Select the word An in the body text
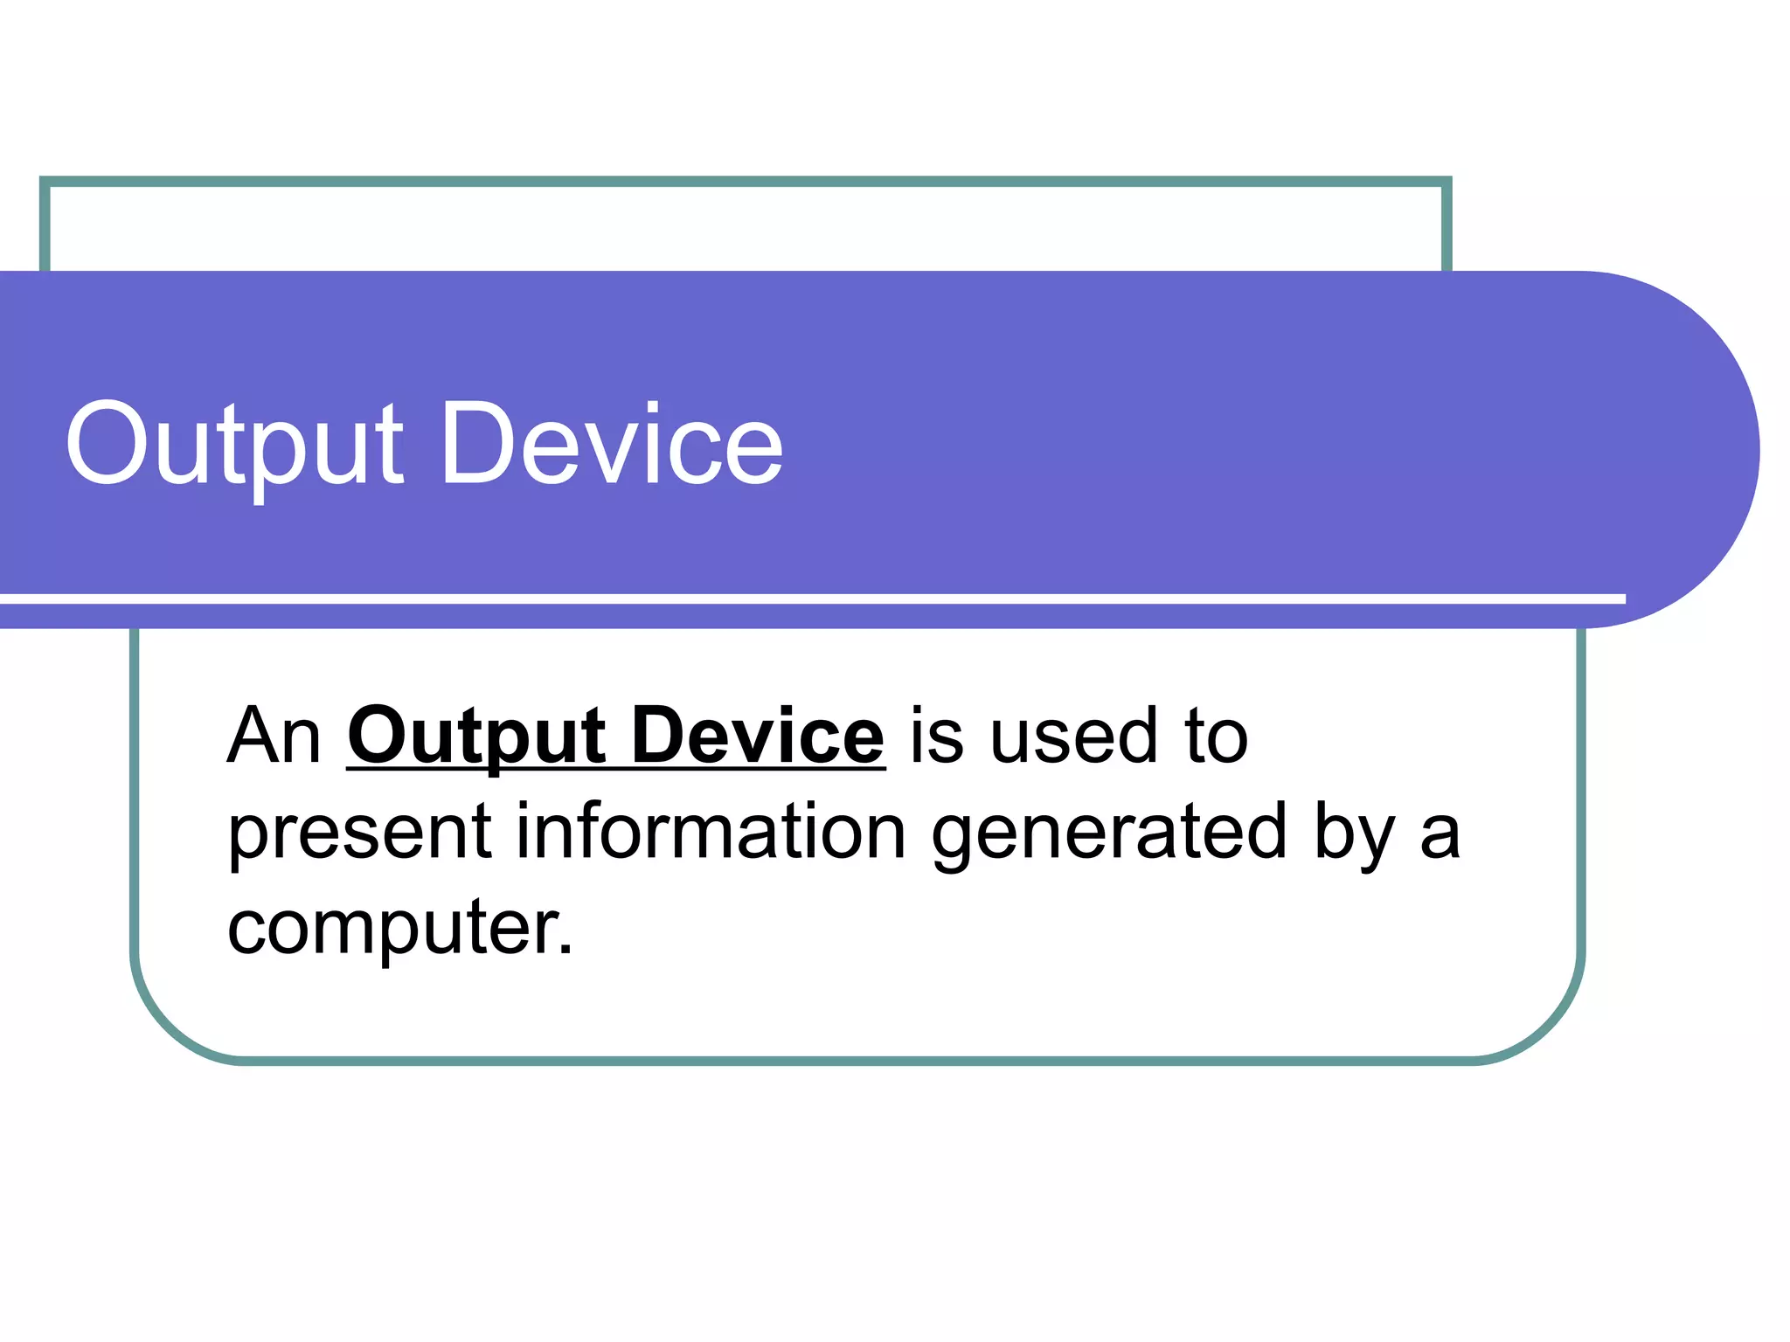(x=274, y=737)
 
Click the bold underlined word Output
(x=476, y=737)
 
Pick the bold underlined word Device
(x=757, y=737)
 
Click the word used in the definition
(x=1072, y=737)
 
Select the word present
(x=360, y=833)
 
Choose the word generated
(x=1109, y=833)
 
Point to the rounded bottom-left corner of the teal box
(x=166, y=1022)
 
